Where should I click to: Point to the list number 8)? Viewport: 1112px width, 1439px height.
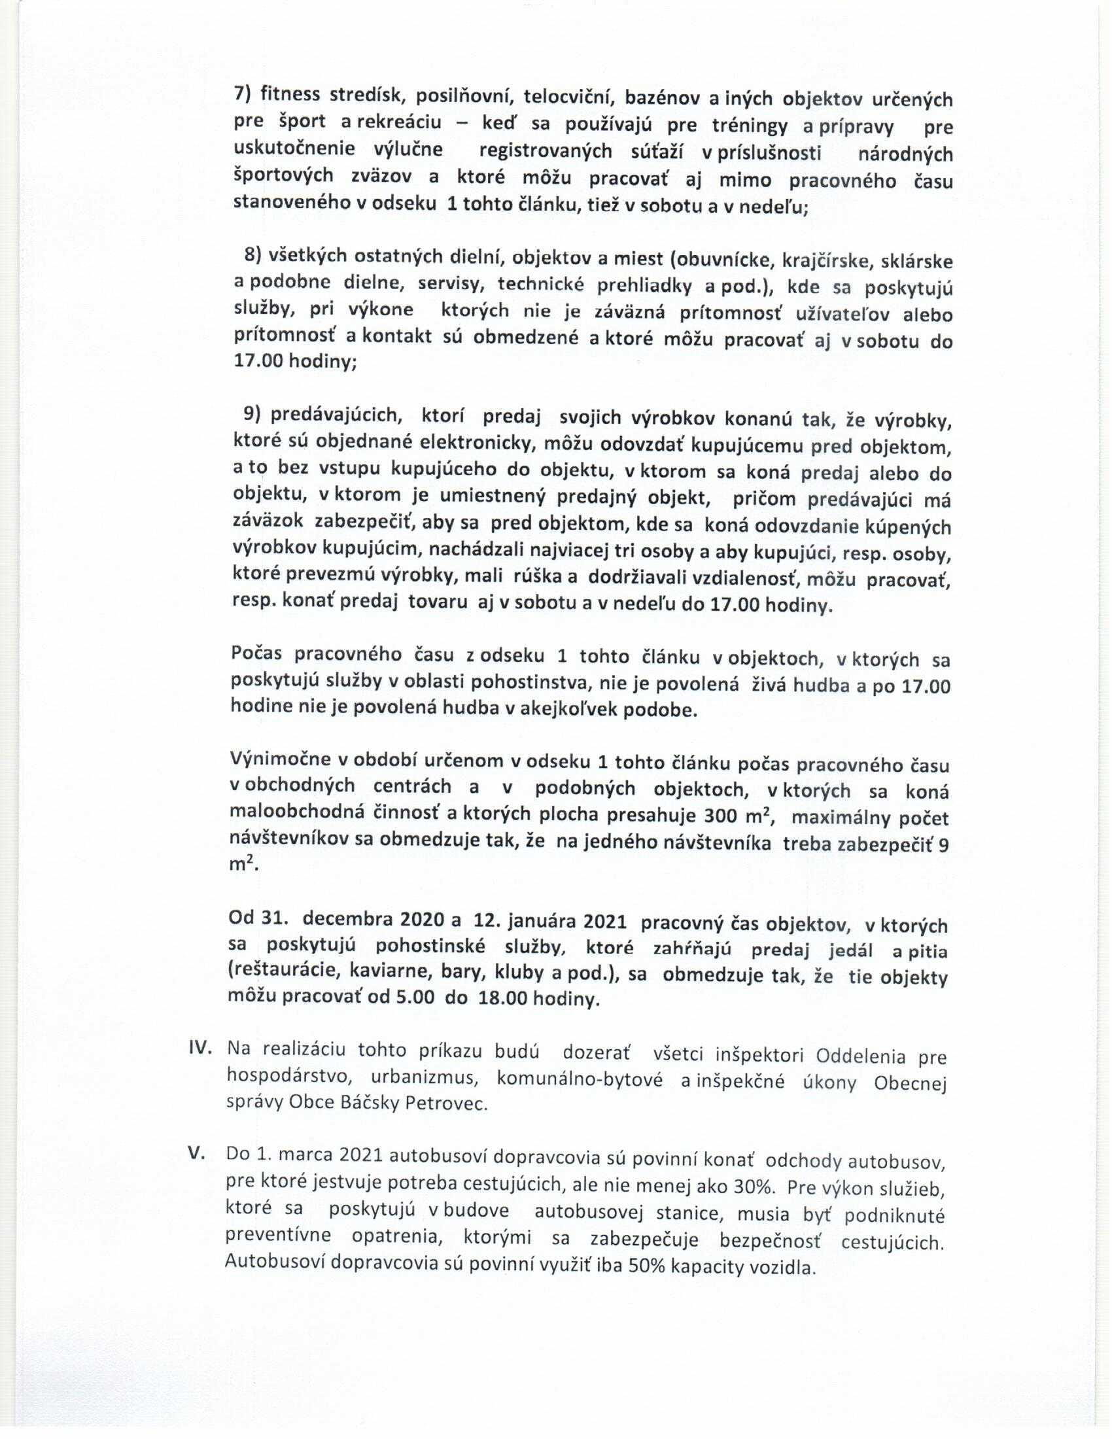pos(252,255)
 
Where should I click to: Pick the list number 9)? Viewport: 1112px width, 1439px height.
pos(252,413)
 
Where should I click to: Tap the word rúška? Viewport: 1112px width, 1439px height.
pos(540,576)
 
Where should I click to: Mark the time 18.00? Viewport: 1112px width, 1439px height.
pos(502,997)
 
